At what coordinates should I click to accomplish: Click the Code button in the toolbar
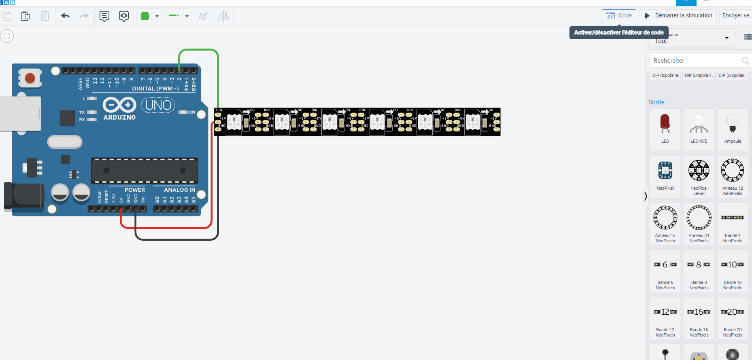(x=619, y=16)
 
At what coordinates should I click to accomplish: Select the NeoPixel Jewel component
(x=699, y=172)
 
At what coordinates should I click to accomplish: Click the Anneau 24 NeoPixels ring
(x=699, y=218)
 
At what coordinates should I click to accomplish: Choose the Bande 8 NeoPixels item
(x=699, y=265)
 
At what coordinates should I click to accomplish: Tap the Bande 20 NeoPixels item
(x=733, y=313)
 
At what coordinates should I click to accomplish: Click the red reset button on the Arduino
(x=30, y=78)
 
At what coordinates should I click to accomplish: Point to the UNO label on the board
(x=158, y=105)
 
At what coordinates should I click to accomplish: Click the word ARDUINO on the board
(x=119, y=117)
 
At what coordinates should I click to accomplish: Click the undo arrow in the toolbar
(x=66, y=16)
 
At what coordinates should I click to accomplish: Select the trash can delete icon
(x=45, y=16)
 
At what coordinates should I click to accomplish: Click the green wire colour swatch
(x=145, y=16)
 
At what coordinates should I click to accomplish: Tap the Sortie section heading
(x=656, y=102)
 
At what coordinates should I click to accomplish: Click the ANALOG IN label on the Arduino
(x=179, y=190)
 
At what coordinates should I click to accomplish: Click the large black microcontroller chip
(x=144, y=170)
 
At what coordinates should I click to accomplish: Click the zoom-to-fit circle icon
(x=7, y=36)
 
